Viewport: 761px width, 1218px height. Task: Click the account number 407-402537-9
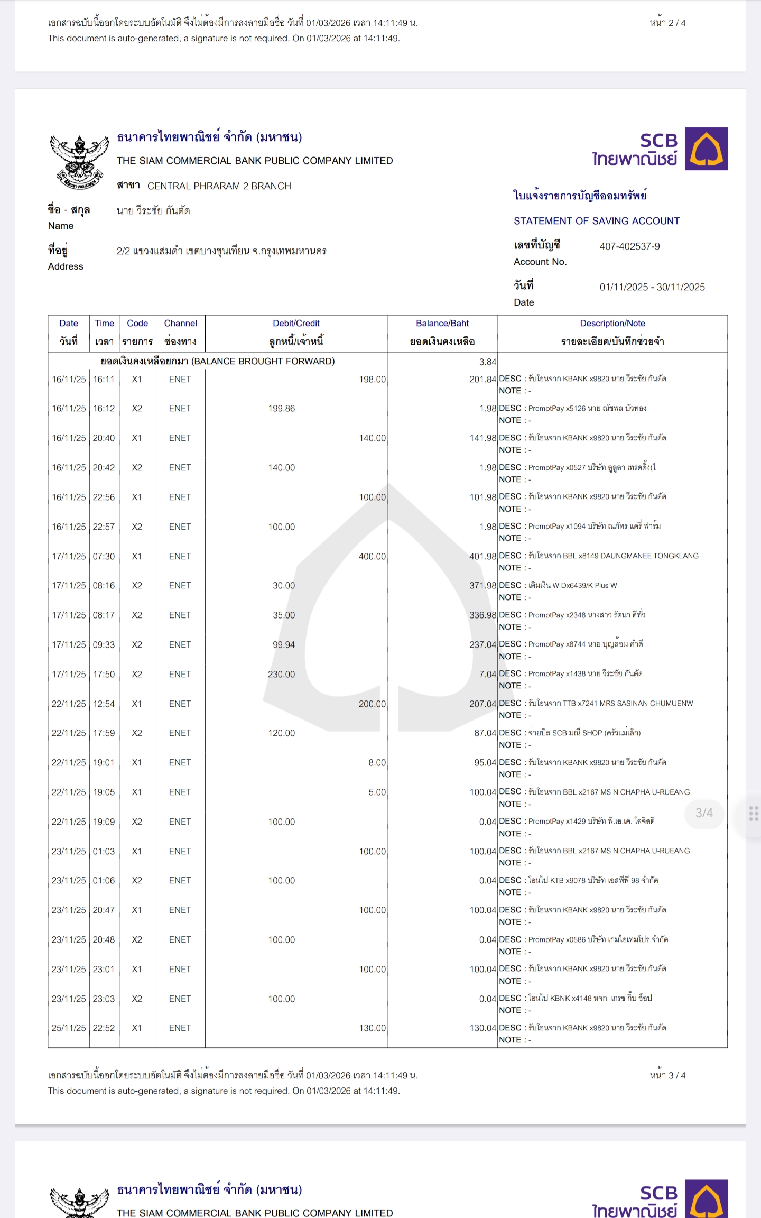[x=629, y=246]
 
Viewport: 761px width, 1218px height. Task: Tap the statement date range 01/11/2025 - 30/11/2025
[x=652, y=287]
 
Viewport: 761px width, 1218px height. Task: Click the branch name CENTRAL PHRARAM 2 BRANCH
[x=219, y=186]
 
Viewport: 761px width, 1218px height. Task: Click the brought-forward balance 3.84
[x=487, y=362]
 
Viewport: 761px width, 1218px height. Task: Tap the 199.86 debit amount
[x=281, y=409]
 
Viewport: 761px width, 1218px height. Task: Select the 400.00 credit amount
[x=372, y=557]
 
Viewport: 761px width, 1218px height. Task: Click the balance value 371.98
[x=482, y=586]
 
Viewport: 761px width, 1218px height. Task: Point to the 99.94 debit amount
[x=283, y=645]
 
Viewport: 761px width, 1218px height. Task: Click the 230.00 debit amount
[x=281, y=675]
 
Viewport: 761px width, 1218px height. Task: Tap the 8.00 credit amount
[x=377, y=763]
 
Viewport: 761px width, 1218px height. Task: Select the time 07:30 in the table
[x=104, y=557]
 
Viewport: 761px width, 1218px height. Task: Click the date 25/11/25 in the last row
[x=69, y=1028]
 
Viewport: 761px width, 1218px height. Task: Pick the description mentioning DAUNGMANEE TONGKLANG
[x=613, y=556]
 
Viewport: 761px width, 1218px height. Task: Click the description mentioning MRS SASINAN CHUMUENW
[x=610, y=704]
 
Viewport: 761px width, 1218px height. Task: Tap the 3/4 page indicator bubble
[x=704, y=813]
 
